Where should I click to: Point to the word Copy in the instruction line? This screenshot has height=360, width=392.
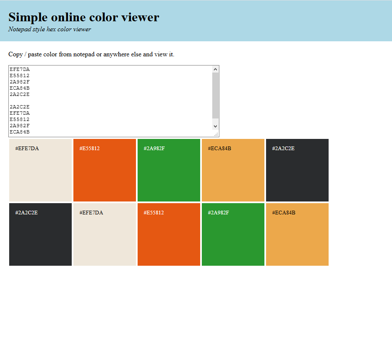(15, 54)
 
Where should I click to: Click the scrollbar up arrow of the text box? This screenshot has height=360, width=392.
(215, 69)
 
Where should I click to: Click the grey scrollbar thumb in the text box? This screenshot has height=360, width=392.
(215, 95)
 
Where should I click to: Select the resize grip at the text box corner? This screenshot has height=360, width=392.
(216, 134)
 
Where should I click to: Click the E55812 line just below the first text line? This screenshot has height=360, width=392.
(20, 76)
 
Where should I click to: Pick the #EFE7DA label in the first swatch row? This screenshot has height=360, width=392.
(27, 148)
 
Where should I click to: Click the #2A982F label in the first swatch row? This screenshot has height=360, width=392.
(154, 148)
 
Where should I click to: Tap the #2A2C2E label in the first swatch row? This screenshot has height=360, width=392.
(284, 148)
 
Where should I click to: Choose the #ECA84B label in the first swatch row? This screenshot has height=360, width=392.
(219, 148)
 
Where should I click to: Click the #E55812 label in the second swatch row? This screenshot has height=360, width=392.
(154, 212)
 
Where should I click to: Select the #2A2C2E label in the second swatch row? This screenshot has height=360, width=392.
(27, 212)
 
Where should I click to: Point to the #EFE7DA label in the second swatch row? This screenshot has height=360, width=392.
(91, 212)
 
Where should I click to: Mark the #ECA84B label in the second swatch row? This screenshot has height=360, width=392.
(284, 212)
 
